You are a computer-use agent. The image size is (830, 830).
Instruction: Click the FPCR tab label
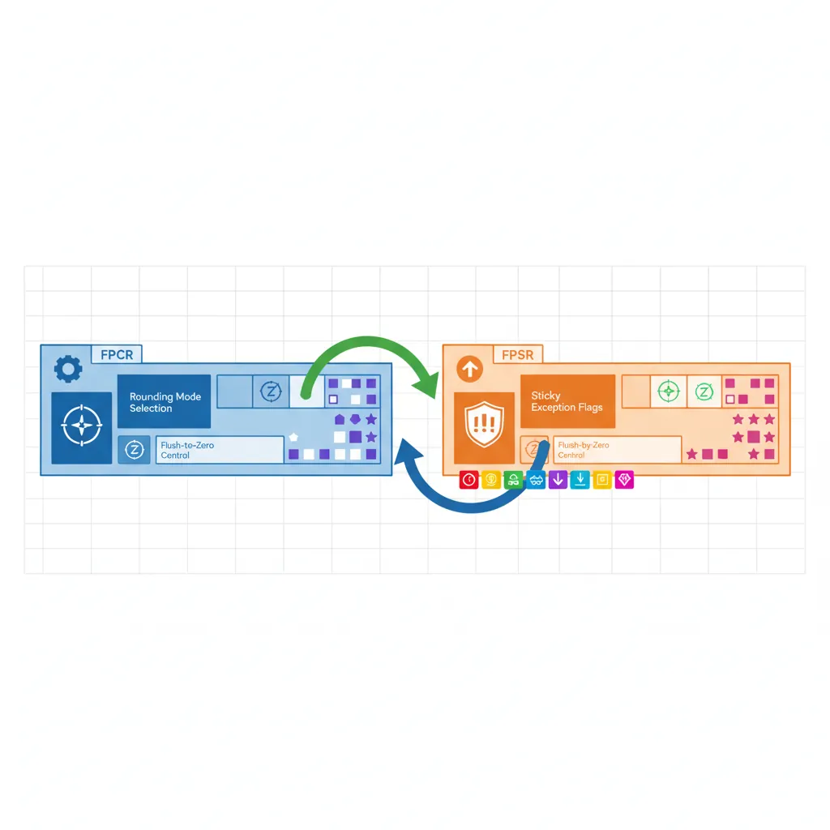coord(118,354)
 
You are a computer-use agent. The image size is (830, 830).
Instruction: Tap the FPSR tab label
coord(517,354)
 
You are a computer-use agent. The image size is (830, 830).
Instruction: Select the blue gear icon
coord(67,370)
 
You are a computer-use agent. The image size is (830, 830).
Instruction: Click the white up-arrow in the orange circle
coord(470,370)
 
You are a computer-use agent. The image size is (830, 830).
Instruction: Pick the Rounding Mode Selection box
coord(164,401)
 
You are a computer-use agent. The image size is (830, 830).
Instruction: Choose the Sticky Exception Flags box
coord(567,401)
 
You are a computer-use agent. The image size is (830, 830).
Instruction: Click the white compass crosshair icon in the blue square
coord(82,428)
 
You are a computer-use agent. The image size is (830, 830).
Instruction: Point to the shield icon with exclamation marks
coord(484,427)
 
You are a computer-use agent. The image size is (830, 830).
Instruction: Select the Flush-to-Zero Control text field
coord(220,450)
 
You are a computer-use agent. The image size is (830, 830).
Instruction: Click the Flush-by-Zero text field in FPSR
coord(616,450)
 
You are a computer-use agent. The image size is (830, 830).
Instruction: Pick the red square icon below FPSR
coord(468,480)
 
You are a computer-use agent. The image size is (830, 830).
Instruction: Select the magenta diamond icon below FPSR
coord(623,480)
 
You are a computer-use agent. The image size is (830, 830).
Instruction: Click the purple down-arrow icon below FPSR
coord(557,480)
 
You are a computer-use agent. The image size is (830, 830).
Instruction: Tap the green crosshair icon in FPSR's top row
coord(668,391)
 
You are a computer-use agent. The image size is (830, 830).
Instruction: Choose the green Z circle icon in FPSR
coord(704,391)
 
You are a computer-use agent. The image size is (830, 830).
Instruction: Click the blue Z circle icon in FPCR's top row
coord(270,391)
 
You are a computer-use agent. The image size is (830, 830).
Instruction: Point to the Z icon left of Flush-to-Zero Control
coord(135,450)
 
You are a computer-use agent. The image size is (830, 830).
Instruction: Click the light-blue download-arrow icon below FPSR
coord(579,480)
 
